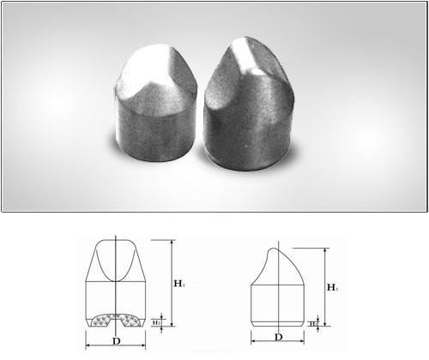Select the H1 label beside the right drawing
click(331, 286)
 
